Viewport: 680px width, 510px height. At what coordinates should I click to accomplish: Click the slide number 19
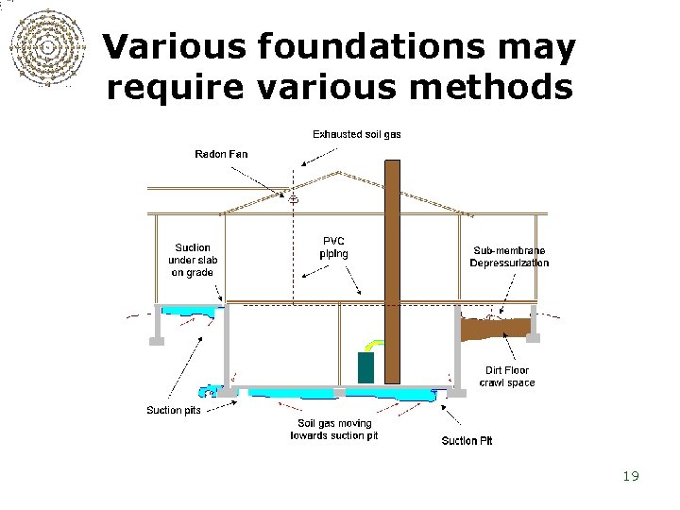pyautogui.click(x=631, y=476)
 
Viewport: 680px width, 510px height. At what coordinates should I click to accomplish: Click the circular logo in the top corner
pyautogui.click(x=44, y=47)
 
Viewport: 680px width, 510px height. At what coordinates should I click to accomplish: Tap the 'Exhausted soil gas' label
pyautogui.click(x=357, y=134)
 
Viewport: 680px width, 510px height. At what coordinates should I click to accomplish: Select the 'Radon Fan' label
pyautogui.click(x=221, y=154)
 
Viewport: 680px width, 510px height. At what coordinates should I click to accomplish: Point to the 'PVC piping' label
pyautogui.click(x=333, y=246)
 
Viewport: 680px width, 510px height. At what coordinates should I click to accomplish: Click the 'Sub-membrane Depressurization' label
pyautogui.click(x=509, y=257)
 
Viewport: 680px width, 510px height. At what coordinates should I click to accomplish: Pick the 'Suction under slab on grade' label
pyautogui.click(x=192, y=260)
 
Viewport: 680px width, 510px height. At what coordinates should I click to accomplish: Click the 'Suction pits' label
pyautogui.click(x=174, y=410)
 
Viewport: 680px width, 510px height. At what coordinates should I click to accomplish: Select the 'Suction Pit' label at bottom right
pyautogui.click(x=467, y=441)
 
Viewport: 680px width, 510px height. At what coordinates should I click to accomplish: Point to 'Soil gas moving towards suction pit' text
pyautogui.click(x=334, y=430)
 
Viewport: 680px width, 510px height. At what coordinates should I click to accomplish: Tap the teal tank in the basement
pyautogui.click(x=365, y=367)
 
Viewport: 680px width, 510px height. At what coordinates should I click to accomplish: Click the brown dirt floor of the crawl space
pyautogui.click(x=490, y=328)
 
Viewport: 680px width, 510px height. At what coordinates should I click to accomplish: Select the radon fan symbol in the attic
pyautogui.click(x=293, y=198)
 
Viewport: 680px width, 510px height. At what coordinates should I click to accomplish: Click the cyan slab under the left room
pyautogui.click(x=190, y=309)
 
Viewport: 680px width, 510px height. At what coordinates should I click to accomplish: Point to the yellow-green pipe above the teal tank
pyautogui.click(x=376, y=345)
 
